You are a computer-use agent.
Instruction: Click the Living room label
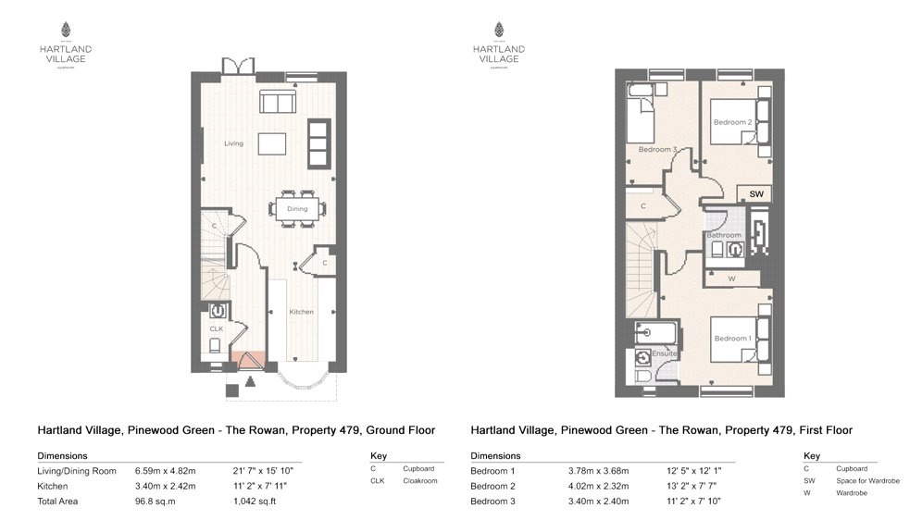coord(233,143)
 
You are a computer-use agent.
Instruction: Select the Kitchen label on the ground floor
coord(301,312)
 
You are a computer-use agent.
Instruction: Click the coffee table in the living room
coord(272,143)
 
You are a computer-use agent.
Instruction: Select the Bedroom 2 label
coord(731,122)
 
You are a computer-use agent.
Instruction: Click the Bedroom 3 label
coord(657,149)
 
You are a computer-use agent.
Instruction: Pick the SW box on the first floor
coord(756,194)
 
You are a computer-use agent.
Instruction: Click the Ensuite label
coord(664,353)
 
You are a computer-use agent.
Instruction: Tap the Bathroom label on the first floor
coord(724,235)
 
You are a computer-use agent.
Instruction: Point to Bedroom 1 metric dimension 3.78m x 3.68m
coord(600,471)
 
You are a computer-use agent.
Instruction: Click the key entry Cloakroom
coord(418,481)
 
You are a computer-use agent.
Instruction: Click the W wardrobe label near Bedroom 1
coord(731,278)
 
